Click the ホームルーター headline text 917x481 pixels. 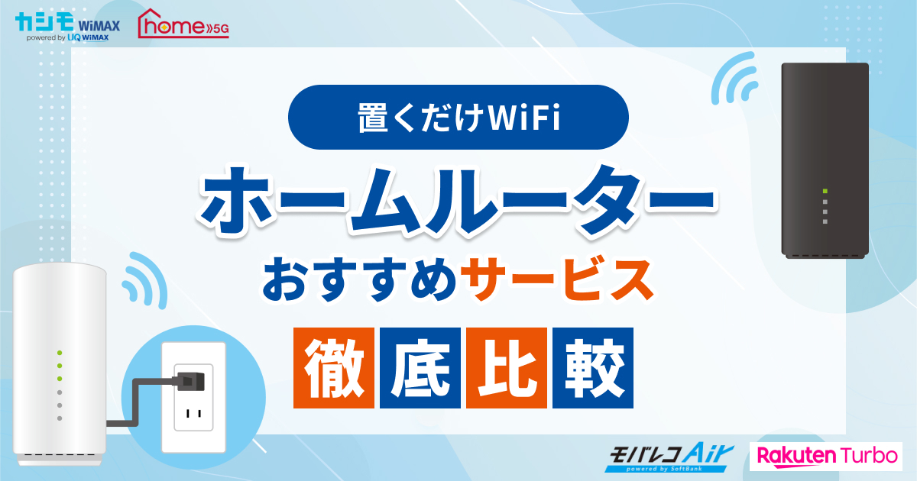click(x=458, y=200)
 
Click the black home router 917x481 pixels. click(x=825, y=160)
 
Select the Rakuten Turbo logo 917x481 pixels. click(x=827, y=456)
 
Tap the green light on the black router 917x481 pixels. click(x=825, y=191)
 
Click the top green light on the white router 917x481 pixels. click(x=60, y=353)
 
